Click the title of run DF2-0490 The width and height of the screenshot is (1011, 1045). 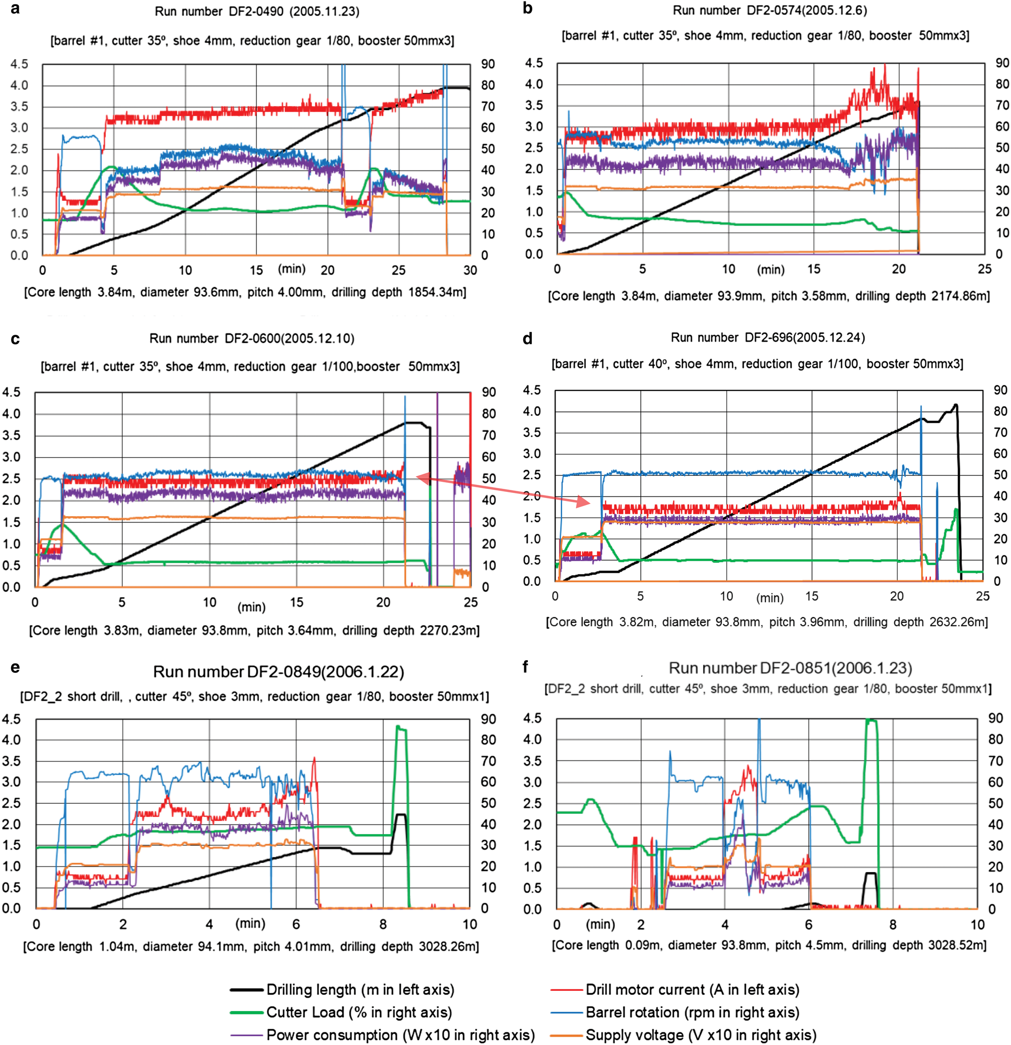257,11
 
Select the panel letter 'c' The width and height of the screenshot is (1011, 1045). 15,339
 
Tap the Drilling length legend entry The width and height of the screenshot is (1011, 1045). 360,989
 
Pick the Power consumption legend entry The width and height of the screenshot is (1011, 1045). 400,1035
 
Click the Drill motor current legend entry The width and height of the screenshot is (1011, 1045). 692,989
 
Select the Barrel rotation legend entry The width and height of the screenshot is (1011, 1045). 692,1012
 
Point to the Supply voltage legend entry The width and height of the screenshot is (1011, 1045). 701,1035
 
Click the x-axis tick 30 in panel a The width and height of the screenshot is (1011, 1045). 470,270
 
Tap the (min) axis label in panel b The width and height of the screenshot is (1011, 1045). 770,270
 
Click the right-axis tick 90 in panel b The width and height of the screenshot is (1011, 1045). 1002,63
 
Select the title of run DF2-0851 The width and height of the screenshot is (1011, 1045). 790,668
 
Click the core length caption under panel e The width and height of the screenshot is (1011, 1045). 251,946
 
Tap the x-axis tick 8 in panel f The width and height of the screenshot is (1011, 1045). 893,924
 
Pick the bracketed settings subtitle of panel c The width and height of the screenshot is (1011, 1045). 250,367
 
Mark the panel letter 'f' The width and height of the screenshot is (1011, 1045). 526,667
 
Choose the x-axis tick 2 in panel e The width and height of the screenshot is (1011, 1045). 123,924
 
